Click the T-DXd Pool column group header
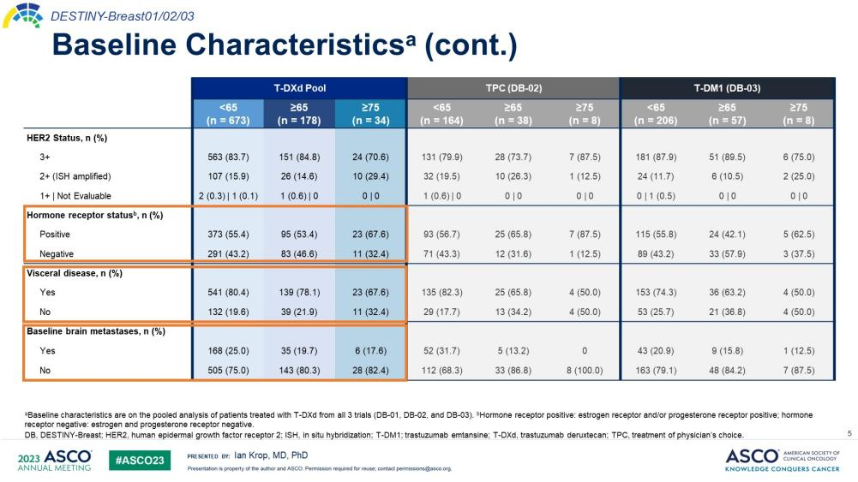click(x=299, y=88)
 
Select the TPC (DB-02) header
click(x=513, y=88)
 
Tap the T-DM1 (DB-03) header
click(x=727, y=88)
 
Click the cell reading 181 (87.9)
click(x=656, y=157)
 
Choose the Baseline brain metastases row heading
click(x=95, y=331)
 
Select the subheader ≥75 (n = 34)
click(x=370, y=114)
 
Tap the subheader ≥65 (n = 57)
click(x=727, y=114)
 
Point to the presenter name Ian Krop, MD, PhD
click(x=270, y=455)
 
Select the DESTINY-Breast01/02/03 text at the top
click(x=117, y=15)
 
